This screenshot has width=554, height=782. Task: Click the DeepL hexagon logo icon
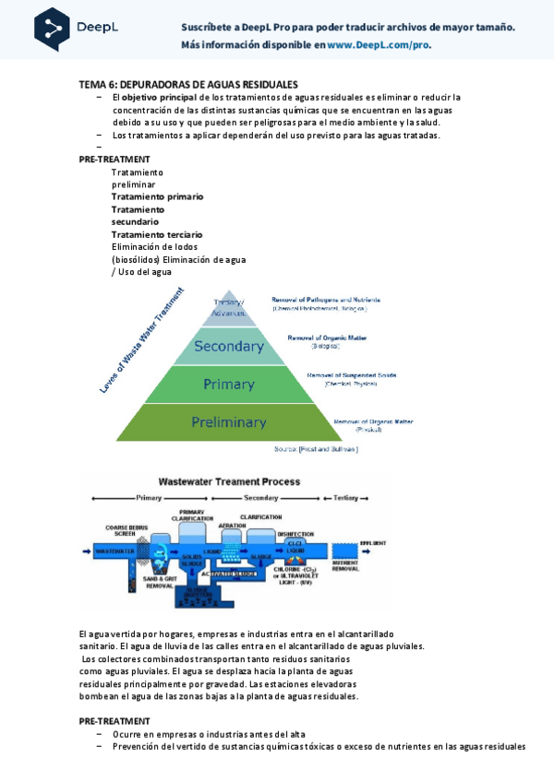(x=52, y=29)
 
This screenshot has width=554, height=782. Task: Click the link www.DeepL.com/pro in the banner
(x=379, y=44)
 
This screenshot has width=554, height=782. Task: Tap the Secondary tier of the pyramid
(x=229, y=347)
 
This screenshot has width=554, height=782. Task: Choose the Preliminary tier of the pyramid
(x=228, y=422)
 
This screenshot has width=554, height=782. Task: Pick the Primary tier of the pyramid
(x=228, y=385)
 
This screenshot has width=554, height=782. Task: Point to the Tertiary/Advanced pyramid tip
(x=229, y=307)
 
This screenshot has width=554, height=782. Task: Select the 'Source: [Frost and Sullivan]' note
(x=316, y=449)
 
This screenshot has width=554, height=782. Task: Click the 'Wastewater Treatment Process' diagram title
(x=229, y=481)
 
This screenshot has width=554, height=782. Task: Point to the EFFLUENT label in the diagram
(x=372, y=543)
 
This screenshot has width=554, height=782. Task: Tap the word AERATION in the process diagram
(x=233, y=526)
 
